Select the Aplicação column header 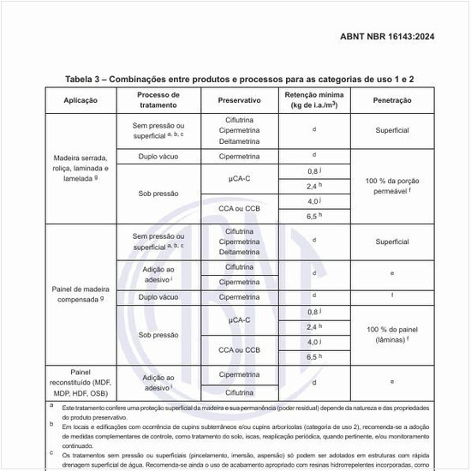[80, 100]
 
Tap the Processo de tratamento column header [158, 100]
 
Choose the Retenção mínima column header [314, 100]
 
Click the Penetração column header [391, 100]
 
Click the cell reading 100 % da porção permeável [391, 186]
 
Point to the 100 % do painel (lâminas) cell [391, 334]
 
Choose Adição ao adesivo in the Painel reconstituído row [158, 382]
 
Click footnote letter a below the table [51, 405]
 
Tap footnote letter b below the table [51, 423]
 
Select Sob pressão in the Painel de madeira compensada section [158, 335]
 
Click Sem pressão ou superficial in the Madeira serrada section [158, 130]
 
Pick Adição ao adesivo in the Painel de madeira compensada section [158, 273]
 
